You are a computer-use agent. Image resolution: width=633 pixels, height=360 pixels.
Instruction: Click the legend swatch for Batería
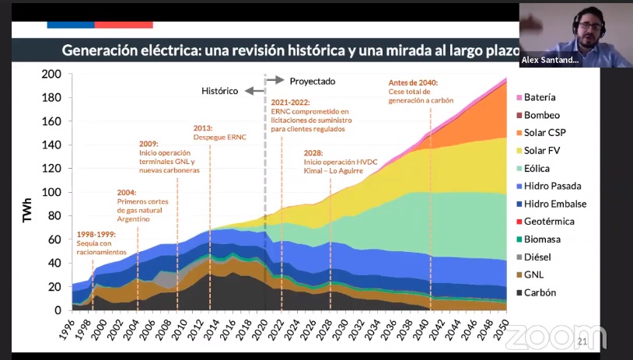516,98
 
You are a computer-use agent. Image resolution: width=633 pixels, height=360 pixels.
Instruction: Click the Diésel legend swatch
516,257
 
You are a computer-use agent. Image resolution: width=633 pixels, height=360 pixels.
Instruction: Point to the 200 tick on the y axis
51,75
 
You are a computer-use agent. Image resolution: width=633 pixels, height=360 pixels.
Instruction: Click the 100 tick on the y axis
51,192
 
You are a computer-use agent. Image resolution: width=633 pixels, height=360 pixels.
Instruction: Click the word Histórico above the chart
219,90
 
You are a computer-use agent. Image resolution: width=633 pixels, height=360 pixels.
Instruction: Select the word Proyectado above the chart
312,80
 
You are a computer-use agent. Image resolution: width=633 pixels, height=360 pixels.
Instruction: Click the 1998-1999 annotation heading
96,234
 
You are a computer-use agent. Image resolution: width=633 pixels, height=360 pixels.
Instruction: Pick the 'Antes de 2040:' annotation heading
412,82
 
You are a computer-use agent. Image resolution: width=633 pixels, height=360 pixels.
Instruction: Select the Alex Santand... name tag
551,61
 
